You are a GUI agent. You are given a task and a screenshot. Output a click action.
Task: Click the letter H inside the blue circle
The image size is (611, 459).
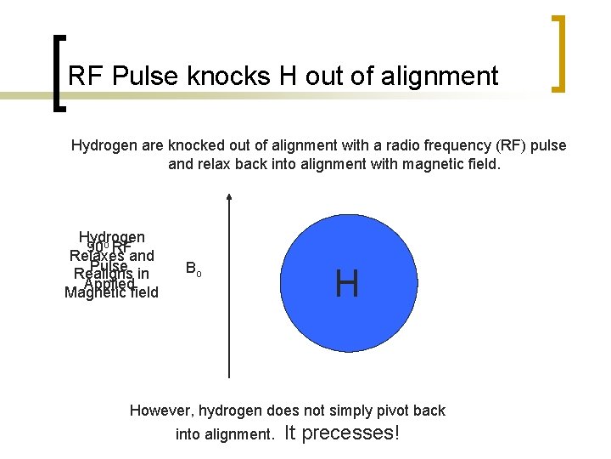pyautogui.click(x=346, y=283)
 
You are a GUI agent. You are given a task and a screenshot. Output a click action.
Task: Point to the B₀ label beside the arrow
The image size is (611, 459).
pyautogui.click(x=193, y=269)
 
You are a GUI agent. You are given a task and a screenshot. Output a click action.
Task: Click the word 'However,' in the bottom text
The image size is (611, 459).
pyautogui.click(x=161, y=411)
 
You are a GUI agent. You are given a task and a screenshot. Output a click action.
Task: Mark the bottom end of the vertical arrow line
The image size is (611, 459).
pyautogui.click(x=229, y=376)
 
